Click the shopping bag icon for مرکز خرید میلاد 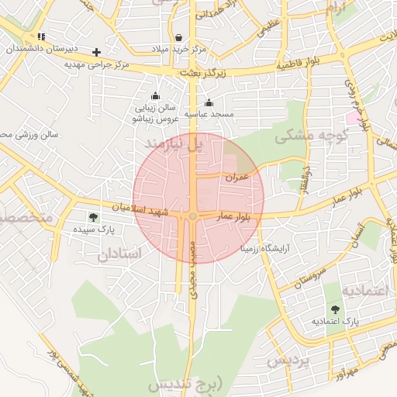pos(179,37)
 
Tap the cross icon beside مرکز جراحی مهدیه pos(96,52)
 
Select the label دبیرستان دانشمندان pos(36,49)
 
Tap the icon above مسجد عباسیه pos(208,102)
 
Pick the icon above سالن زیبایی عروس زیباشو pos(155,96)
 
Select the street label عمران pos(236,177)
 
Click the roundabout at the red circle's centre pos(192,216)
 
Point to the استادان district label pos(121,254)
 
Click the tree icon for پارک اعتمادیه pos(336,309)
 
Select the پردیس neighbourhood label pos(288,361)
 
